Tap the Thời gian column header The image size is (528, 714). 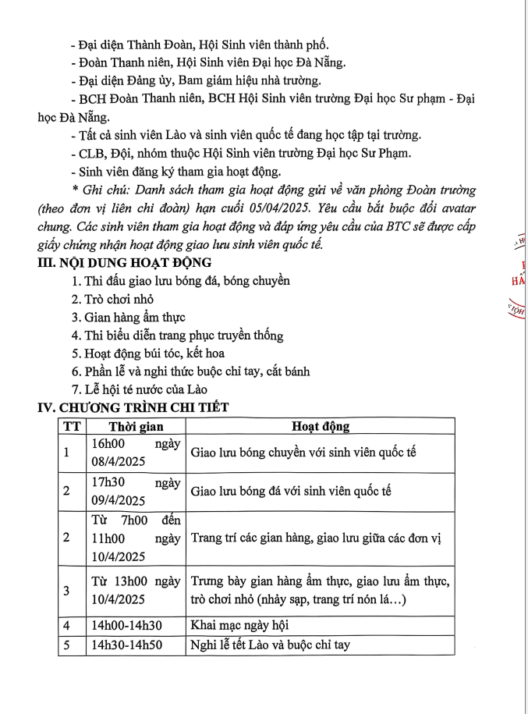click(x=136, y=427)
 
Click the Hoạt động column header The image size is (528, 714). click(x=321, y=427)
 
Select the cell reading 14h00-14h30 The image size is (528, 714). click(x=127, y=626)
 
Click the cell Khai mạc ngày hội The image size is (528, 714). click(x=240, y=626)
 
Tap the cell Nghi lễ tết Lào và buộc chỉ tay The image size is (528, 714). click(x=271, y=645)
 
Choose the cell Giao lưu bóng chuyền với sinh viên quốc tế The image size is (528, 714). click(x=304, y=453)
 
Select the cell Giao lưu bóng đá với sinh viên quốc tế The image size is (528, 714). click(x=291, y=491)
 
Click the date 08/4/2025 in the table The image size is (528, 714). click(x=118, y=461)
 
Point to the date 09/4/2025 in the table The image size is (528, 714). click(x=118, y=500)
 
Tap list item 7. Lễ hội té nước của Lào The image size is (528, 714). click(x=140, y=389)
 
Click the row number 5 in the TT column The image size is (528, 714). click(x=66, y=645)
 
